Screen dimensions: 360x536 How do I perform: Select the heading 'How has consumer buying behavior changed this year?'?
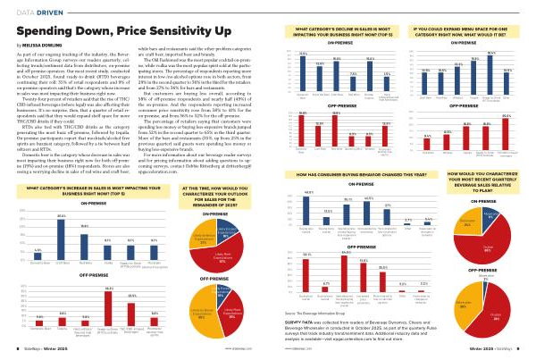point(334,179)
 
